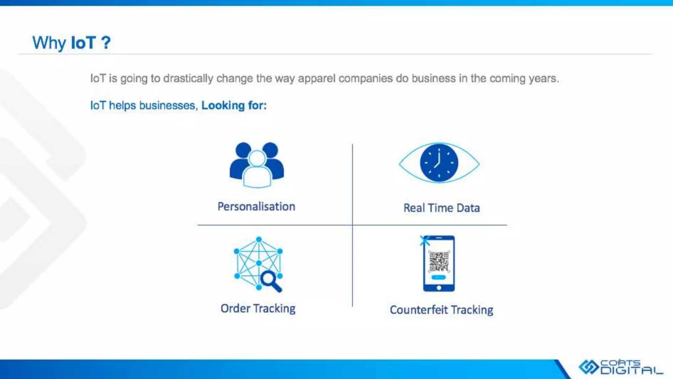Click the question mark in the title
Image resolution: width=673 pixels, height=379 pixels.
click(x=106, y=43)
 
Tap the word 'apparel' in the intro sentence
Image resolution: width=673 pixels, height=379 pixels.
click(x=316, y=78)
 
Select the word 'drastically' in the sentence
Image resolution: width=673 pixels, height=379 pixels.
click(x=188, y=78)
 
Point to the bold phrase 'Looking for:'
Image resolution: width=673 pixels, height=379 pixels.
click(x=234, y=105)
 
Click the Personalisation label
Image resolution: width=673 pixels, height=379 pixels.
click(x=256, y=207)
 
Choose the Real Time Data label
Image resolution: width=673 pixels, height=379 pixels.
click(x=441, y=208)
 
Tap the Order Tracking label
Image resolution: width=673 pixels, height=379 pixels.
click(x=258, y=309)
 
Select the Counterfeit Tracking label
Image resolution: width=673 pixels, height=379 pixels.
click(x=441, y=310)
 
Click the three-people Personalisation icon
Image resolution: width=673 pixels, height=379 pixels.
click(x=257, y=164)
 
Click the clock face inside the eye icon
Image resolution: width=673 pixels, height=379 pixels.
click(x=439, y=163)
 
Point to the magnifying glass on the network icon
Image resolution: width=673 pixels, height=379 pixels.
click(x=270, y=281)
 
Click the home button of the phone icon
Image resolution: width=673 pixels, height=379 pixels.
click(x=439, y=288)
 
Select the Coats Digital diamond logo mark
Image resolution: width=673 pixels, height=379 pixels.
click(x=589, y=367)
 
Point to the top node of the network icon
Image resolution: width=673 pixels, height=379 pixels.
click(x=259, y=240)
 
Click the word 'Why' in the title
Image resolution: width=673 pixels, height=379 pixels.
click(x=49, y=43)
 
